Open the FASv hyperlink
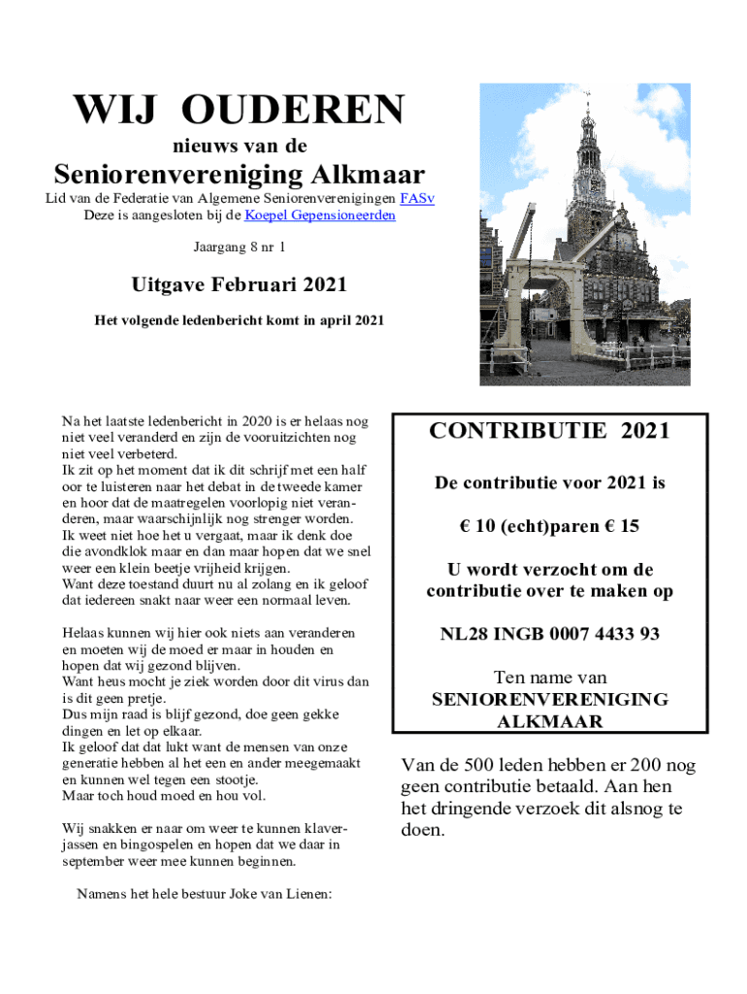click(x=417, y=199)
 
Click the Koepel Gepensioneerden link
click(x=320, y=215)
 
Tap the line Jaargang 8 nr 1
click(x=239, y=248)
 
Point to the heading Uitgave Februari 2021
click(x=239, y=285)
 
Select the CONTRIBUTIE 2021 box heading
click(x=549, y=431)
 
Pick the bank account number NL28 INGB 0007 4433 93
click(x=549, y=634)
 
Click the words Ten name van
click(x=549, y=678)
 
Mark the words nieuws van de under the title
click(x=239, y=147)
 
